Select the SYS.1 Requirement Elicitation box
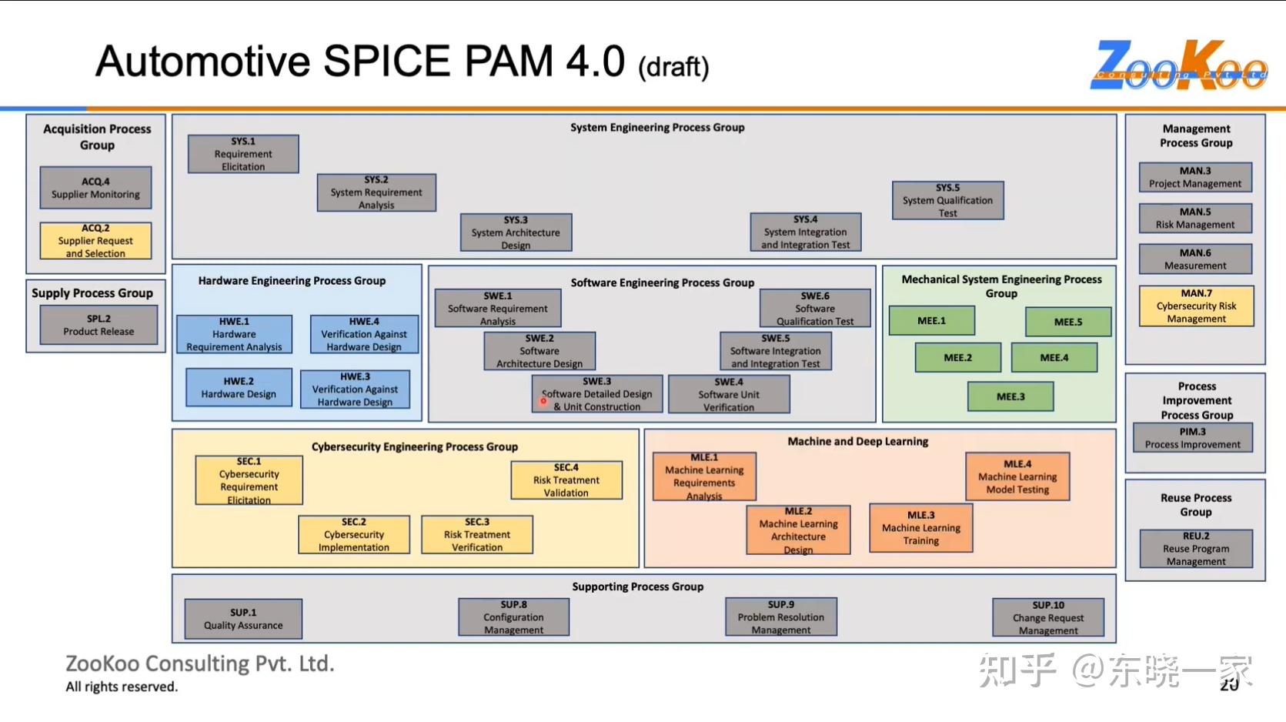coord(243,154)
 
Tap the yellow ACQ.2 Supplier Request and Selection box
coord(95,241)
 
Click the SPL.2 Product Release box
coord(99,325)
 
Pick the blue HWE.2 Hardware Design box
coord(239,387)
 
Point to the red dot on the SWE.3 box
coord(543,400)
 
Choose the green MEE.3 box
coord(1010,396)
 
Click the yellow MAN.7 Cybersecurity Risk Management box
coord(1196,306)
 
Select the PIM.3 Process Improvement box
coord(1192,438)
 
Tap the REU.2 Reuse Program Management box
coord(1196,548)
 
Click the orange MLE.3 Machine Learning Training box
coord(920,528)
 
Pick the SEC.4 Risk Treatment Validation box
coord(566,480)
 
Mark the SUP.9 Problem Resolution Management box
coord(780,617)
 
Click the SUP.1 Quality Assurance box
coord(243,619)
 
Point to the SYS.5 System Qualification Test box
coord(947,200)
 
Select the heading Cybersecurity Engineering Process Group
coord(414,446)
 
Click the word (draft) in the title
coord(673,67)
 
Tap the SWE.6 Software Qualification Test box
coord(815,309)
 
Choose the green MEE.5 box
coord(1068,322)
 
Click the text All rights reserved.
coord(122,687)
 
